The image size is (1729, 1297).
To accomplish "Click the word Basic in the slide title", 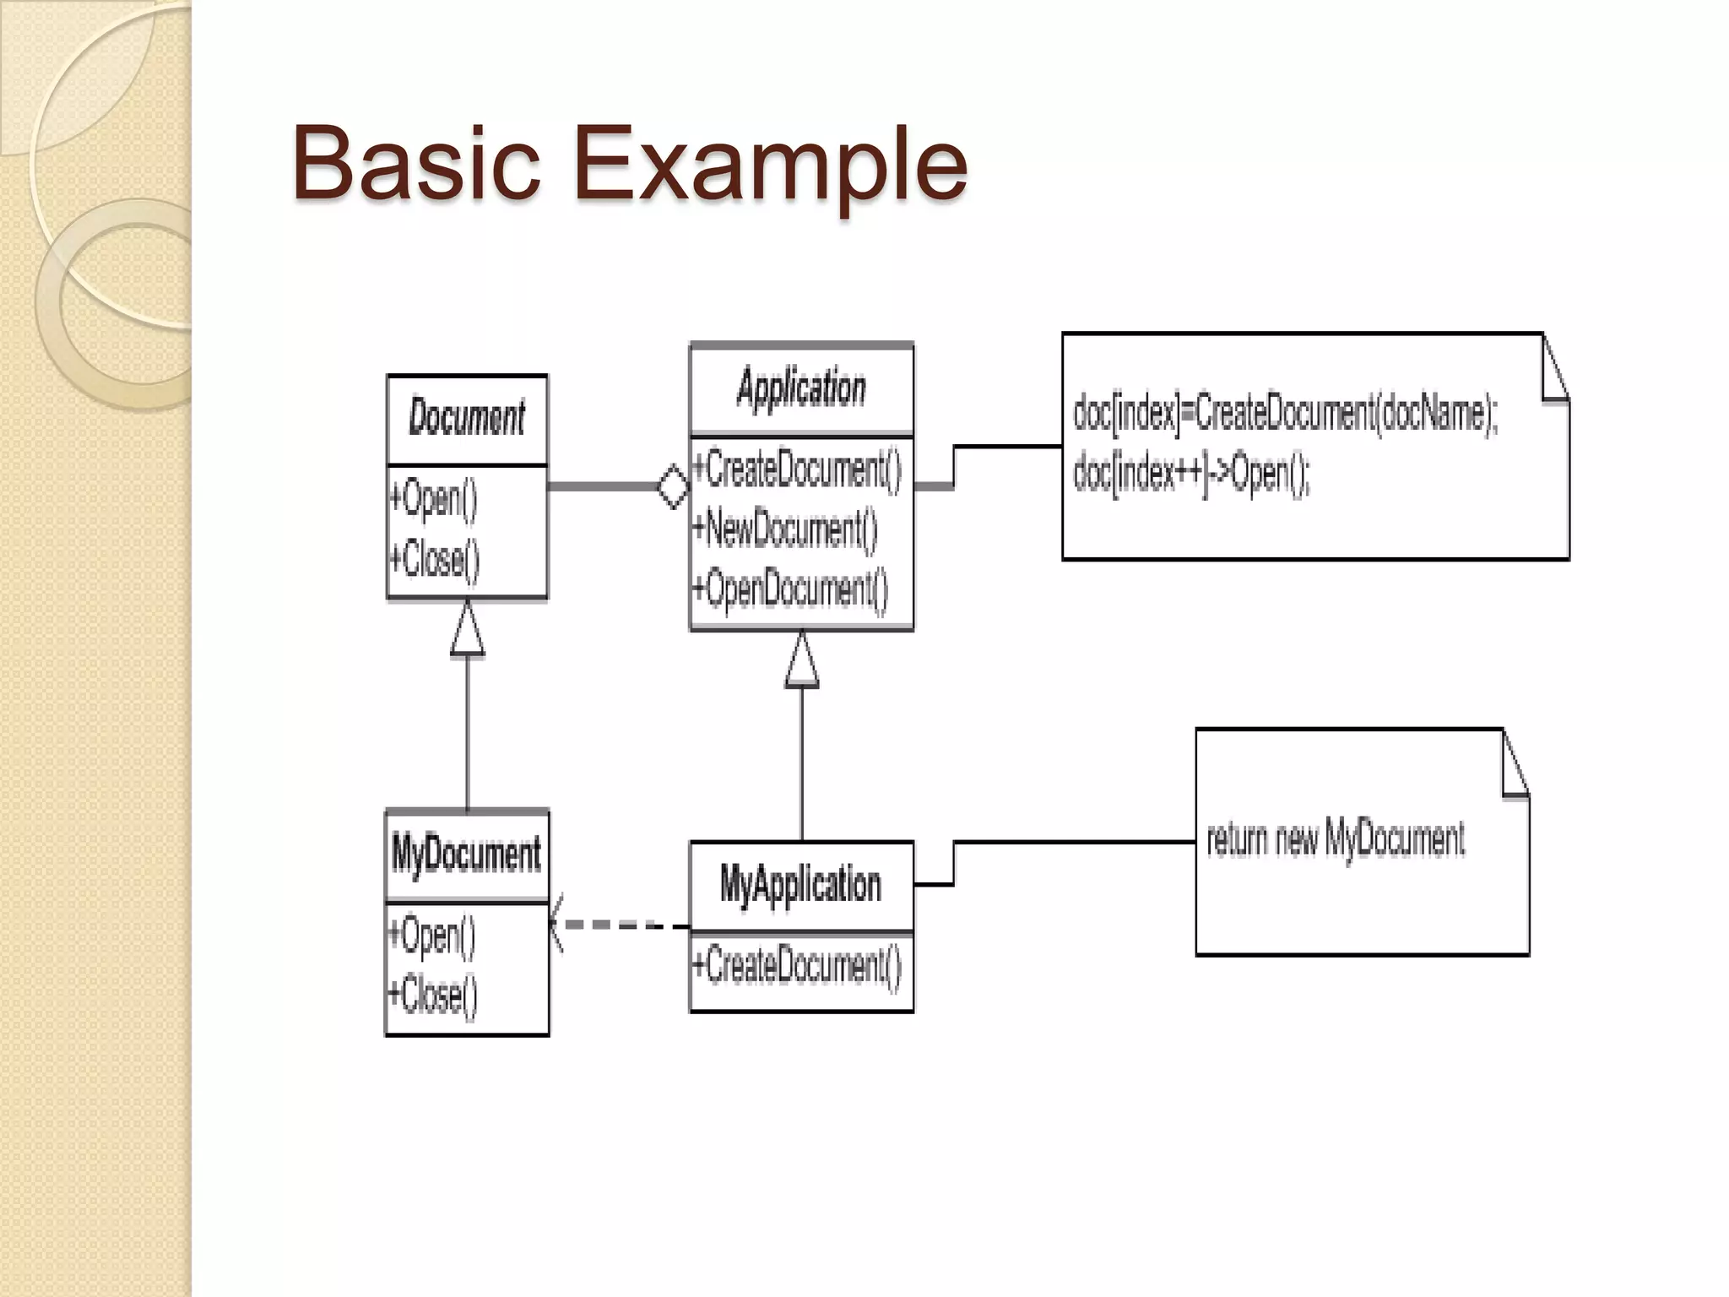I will [x=415, y=162].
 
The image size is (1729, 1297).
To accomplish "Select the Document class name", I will [x=467, y=418].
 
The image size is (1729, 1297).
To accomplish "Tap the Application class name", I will [x=801, y=389].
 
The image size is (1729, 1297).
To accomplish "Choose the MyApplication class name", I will [x=800, y=885].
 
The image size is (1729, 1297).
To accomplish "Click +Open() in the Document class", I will [x=434, y=498].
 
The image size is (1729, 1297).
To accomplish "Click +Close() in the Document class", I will [x=435, y=559].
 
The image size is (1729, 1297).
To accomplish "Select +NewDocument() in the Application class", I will [x=785, y=529].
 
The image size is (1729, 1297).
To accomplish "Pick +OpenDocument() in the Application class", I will [x=790, y=589].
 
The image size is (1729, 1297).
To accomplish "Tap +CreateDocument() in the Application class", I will [x=797, y=469].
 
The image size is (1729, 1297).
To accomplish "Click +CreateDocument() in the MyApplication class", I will [x=797, y=966].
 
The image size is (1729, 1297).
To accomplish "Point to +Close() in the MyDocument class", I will [x=433, y=995].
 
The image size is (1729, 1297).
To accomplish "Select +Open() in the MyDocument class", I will [x=432, y=936].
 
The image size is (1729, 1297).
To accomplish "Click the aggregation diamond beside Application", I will [x=673, y=486].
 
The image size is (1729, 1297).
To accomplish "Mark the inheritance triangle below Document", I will [x=468, y=630].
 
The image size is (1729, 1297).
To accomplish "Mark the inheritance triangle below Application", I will [x=802, y=662].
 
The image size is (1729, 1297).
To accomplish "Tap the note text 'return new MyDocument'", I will [x=1336, y=839].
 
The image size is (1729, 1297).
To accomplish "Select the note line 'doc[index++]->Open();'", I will [x=1191, y=474].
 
